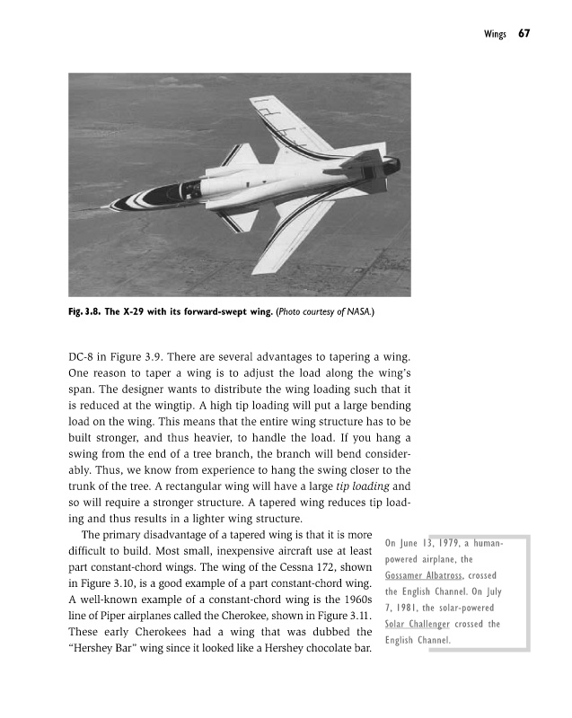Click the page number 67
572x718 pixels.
pos(524,33)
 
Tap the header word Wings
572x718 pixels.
pos(495,34)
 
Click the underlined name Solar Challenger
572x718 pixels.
pos(417,625)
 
